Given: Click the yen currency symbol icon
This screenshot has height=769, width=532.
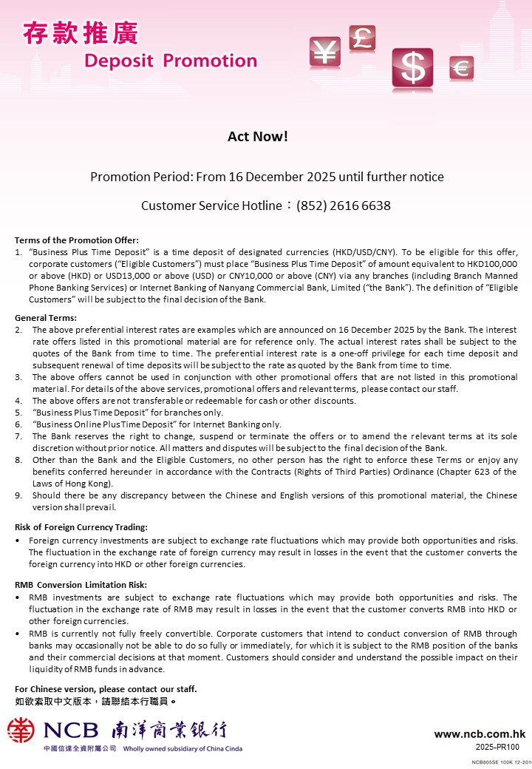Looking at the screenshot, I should pos(324,52).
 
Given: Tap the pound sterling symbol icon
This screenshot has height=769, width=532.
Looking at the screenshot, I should pos(362,38).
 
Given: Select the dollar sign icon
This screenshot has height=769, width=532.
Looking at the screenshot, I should pos(413,69).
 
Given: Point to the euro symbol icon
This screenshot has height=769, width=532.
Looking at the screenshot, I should pos(461,69).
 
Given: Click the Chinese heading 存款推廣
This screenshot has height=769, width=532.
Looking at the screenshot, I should pos(80,33).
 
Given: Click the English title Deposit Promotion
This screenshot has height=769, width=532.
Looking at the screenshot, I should pos(171,61).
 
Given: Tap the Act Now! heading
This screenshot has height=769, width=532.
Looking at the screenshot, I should pos(257,137).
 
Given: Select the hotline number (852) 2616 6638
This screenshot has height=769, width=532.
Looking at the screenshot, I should pos(344,206).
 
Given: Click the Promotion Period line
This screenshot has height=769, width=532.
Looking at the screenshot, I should pos(266,177).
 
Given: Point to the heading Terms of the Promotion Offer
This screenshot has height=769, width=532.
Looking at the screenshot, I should pos(77,240).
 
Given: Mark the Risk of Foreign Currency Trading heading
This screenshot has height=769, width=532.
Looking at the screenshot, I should pos(81,527).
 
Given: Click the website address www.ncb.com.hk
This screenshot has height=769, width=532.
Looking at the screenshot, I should pos(480,734).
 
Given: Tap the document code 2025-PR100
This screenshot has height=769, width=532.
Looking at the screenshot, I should pos(497,747).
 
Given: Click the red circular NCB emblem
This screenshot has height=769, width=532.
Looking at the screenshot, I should pos(21,730).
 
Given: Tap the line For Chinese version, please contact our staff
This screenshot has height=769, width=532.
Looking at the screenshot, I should pos(106,689).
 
